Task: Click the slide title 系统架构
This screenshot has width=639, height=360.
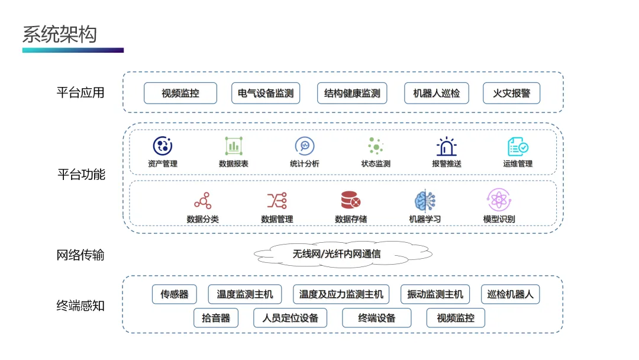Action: click(x=59, y=34)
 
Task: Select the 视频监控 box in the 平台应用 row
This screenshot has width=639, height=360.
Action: click(x=180, y=93)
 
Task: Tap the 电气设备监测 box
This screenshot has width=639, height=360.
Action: click(x=266, y=93)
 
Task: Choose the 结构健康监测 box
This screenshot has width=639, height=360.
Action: click(x=352, y=93)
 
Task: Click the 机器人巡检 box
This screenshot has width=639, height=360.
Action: click(x=437, y=93)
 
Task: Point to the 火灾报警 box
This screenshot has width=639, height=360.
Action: click(x=512, y=93)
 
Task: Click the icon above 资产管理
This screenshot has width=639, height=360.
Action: click(x=163, y=146)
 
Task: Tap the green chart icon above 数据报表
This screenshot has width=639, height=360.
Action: click(x=234, y=146)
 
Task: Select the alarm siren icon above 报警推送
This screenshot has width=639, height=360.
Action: click(x=447, y=146)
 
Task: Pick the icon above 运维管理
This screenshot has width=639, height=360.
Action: click(x=518, y=146)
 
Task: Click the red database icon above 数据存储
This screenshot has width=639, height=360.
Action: click(x=351, y=201)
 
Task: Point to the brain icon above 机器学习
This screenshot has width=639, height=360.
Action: click(x=425, y=201)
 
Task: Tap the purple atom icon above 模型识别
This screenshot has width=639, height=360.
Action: click(x=499, y=201)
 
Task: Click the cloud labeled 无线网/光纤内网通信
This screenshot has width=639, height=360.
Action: click(x=342, y=254)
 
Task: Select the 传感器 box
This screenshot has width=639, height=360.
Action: click(x=175, y=294)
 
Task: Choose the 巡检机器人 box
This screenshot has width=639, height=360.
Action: click(x=510, y=294)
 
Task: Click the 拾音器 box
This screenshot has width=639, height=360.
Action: click(x=216, y=318)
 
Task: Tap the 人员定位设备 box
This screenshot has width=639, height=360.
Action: click(x=290, y=318)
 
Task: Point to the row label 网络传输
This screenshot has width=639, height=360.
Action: click(x=80, y=255)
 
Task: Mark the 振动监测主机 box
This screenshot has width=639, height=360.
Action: click(x=435, y=294)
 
